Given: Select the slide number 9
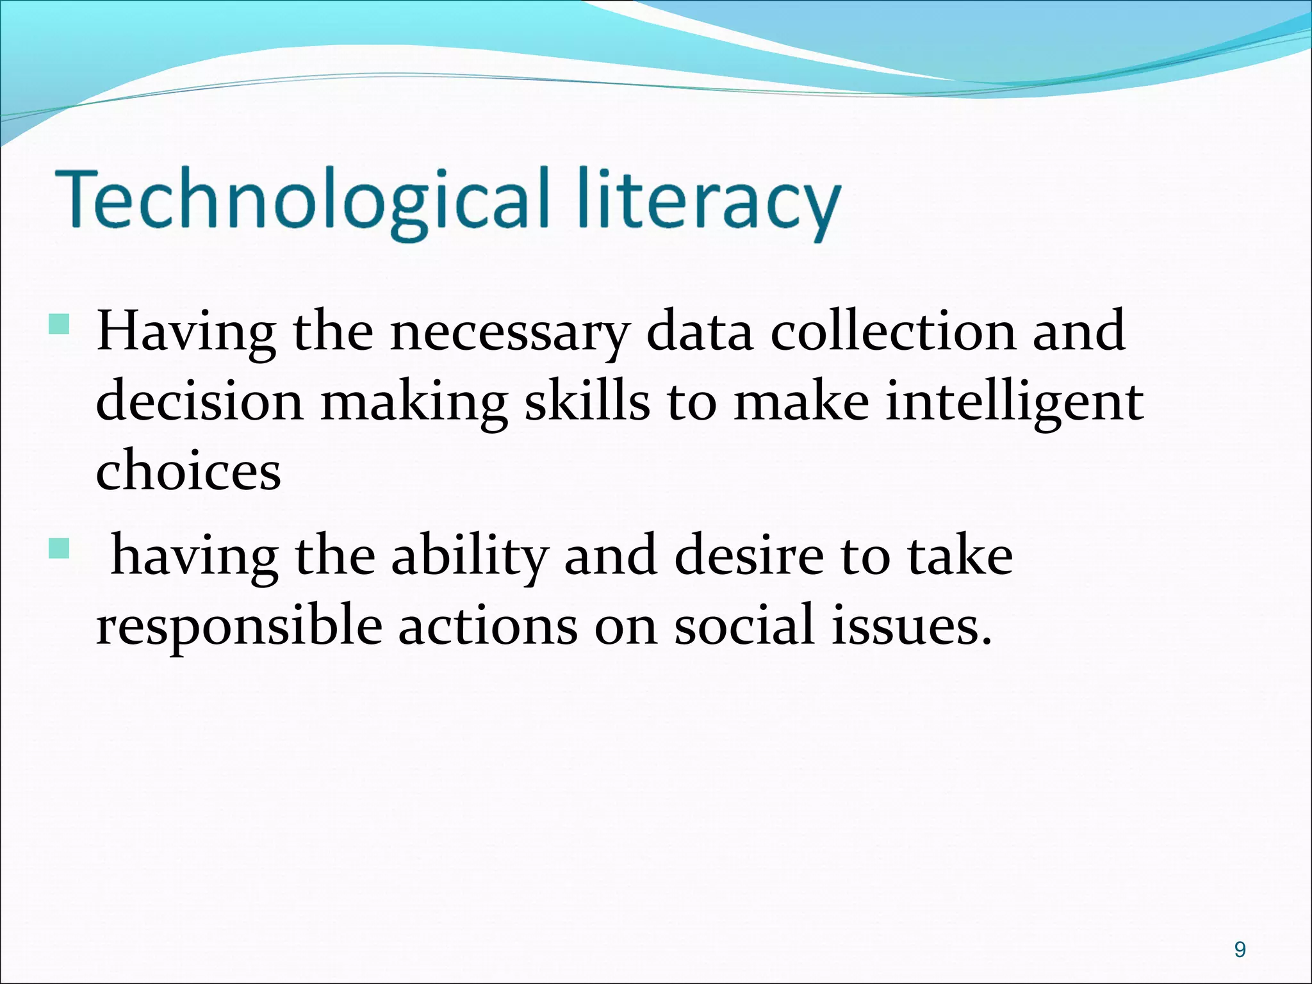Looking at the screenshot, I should tap(1240, 949).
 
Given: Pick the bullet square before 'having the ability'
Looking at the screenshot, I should tap(58, 548).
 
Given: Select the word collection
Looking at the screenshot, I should tap(893, 332).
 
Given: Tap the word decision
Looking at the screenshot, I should tap(199, 402).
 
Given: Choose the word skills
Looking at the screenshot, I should tap(587, 402).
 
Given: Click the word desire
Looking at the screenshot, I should tap(749, 556).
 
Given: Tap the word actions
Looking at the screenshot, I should tap(488, 626).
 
